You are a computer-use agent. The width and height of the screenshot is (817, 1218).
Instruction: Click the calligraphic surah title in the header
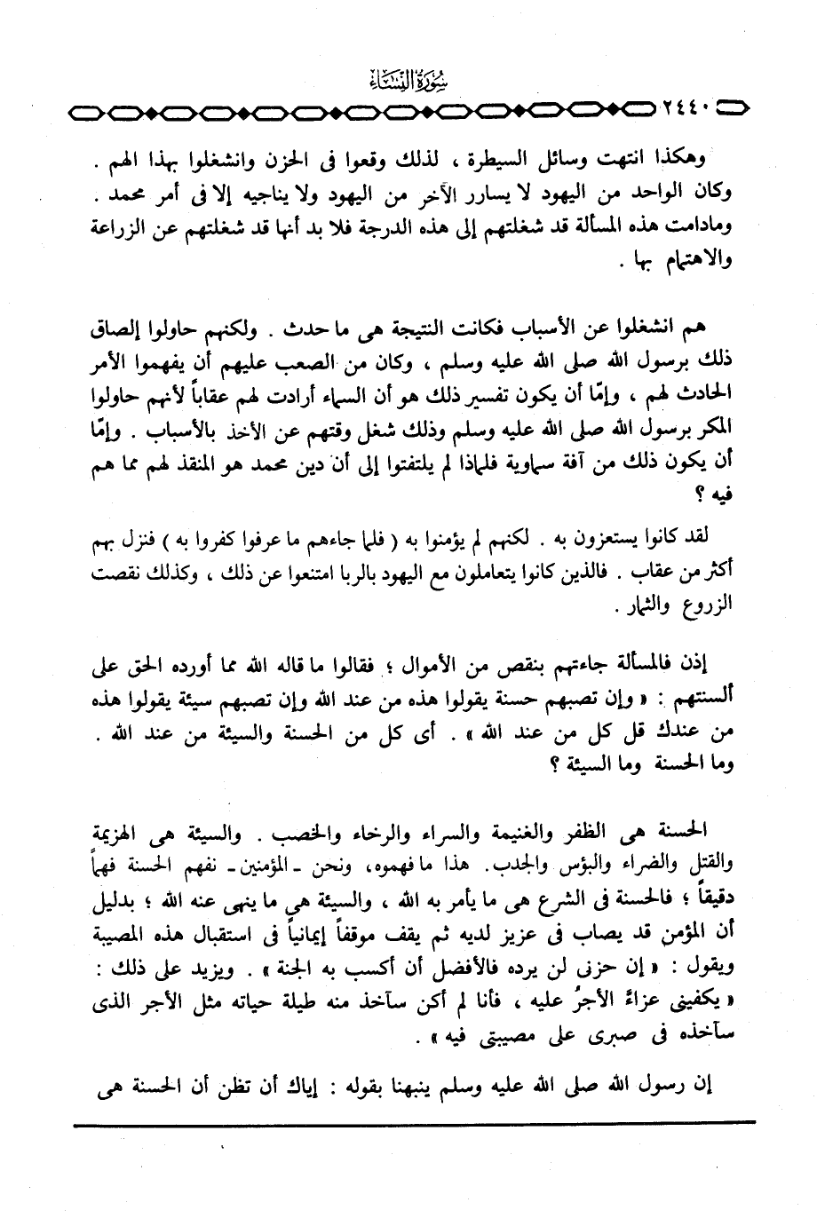pos(408,86)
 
